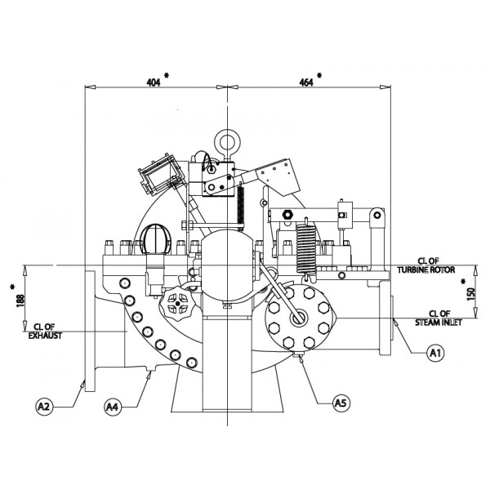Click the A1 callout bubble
click(x=436, y=353)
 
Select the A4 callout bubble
click(x=114, y=404)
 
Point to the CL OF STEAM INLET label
click(x=434, y=318)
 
